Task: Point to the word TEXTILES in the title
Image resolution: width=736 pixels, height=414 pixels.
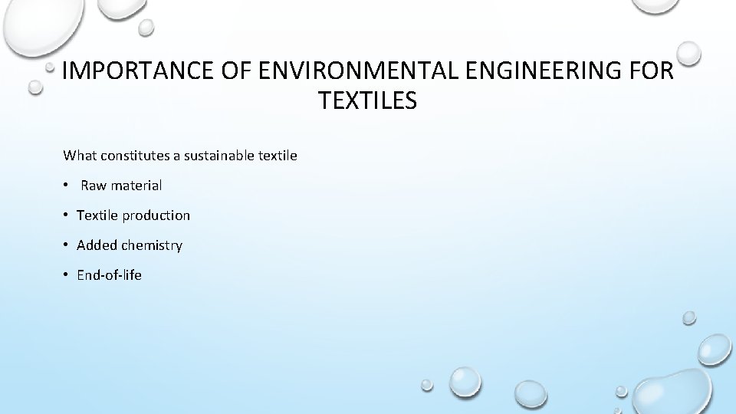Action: coord(367,100)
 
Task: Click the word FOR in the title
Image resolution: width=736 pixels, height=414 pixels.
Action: coord(652,71)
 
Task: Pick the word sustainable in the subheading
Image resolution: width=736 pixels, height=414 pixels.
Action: coord(220,156)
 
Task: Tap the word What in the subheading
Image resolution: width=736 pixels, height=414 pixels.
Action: coord(79,156)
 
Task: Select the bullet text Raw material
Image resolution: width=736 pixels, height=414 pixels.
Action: coord(121,186)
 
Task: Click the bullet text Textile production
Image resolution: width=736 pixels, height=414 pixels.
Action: coord(133,215)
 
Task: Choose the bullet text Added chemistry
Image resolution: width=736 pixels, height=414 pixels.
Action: coord(130,245)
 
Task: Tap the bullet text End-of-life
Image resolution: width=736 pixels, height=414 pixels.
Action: coord(109,275)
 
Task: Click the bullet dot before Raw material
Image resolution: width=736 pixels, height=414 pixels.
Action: coord(67,185)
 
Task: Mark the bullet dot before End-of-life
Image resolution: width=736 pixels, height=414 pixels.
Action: coord(67,274)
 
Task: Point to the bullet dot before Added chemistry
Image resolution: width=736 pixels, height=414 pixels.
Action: coord(67,245)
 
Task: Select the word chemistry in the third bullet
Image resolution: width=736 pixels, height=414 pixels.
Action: coord(152,245)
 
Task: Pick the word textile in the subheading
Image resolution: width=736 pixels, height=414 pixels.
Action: coord(278,156)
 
